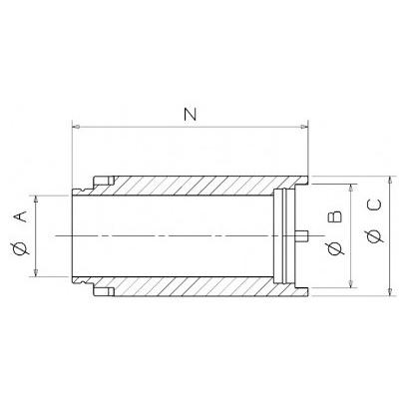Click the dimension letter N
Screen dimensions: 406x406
(191, 115)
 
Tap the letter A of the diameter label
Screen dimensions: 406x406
(20, 217)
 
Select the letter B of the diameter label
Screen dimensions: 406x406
(334, 216)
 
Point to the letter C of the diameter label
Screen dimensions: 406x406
(375, 204)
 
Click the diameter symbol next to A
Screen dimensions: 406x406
(20, 249)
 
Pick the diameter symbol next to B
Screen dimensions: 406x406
(334, 248)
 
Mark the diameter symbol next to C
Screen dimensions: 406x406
(375, 236)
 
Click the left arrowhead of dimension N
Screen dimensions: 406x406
(76, 127)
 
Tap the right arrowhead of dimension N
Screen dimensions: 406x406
(304, 127)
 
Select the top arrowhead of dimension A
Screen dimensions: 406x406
(36, 200)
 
